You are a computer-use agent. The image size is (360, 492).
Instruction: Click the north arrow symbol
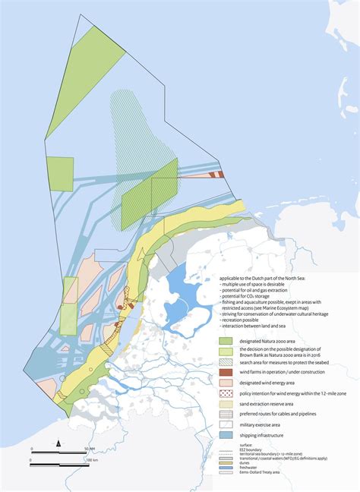click(x=58, y=443)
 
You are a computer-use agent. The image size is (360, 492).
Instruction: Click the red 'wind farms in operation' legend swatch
click(x=226, y=372)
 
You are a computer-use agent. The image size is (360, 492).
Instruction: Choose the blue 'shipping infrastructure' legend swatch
click(x=226, y=437)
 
